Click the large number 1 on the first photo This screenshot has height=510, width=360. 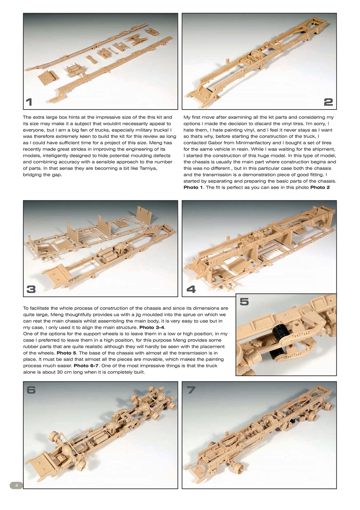[x=29, y=102]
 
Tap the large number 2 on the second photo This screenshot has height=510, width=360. [x=328, y=102]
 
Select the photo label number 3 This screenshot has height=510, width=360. [x=31, y=289]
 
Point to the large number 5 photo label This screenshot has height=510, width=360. [x=244, y=302]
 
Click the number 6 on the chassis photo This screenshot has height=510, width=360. [x=31, y=390]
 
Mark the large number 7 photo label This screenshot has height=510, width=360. [x=191, y=390]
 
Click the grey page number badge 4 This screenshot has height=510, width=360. [x=16, y=485]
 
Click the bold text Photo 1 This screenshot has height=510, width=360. [x=193, y=187]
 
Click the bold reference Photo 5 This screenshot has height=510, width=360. [x=67, y=353]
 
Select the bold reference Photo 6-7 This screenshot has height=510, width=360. [x=86, y=366]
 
